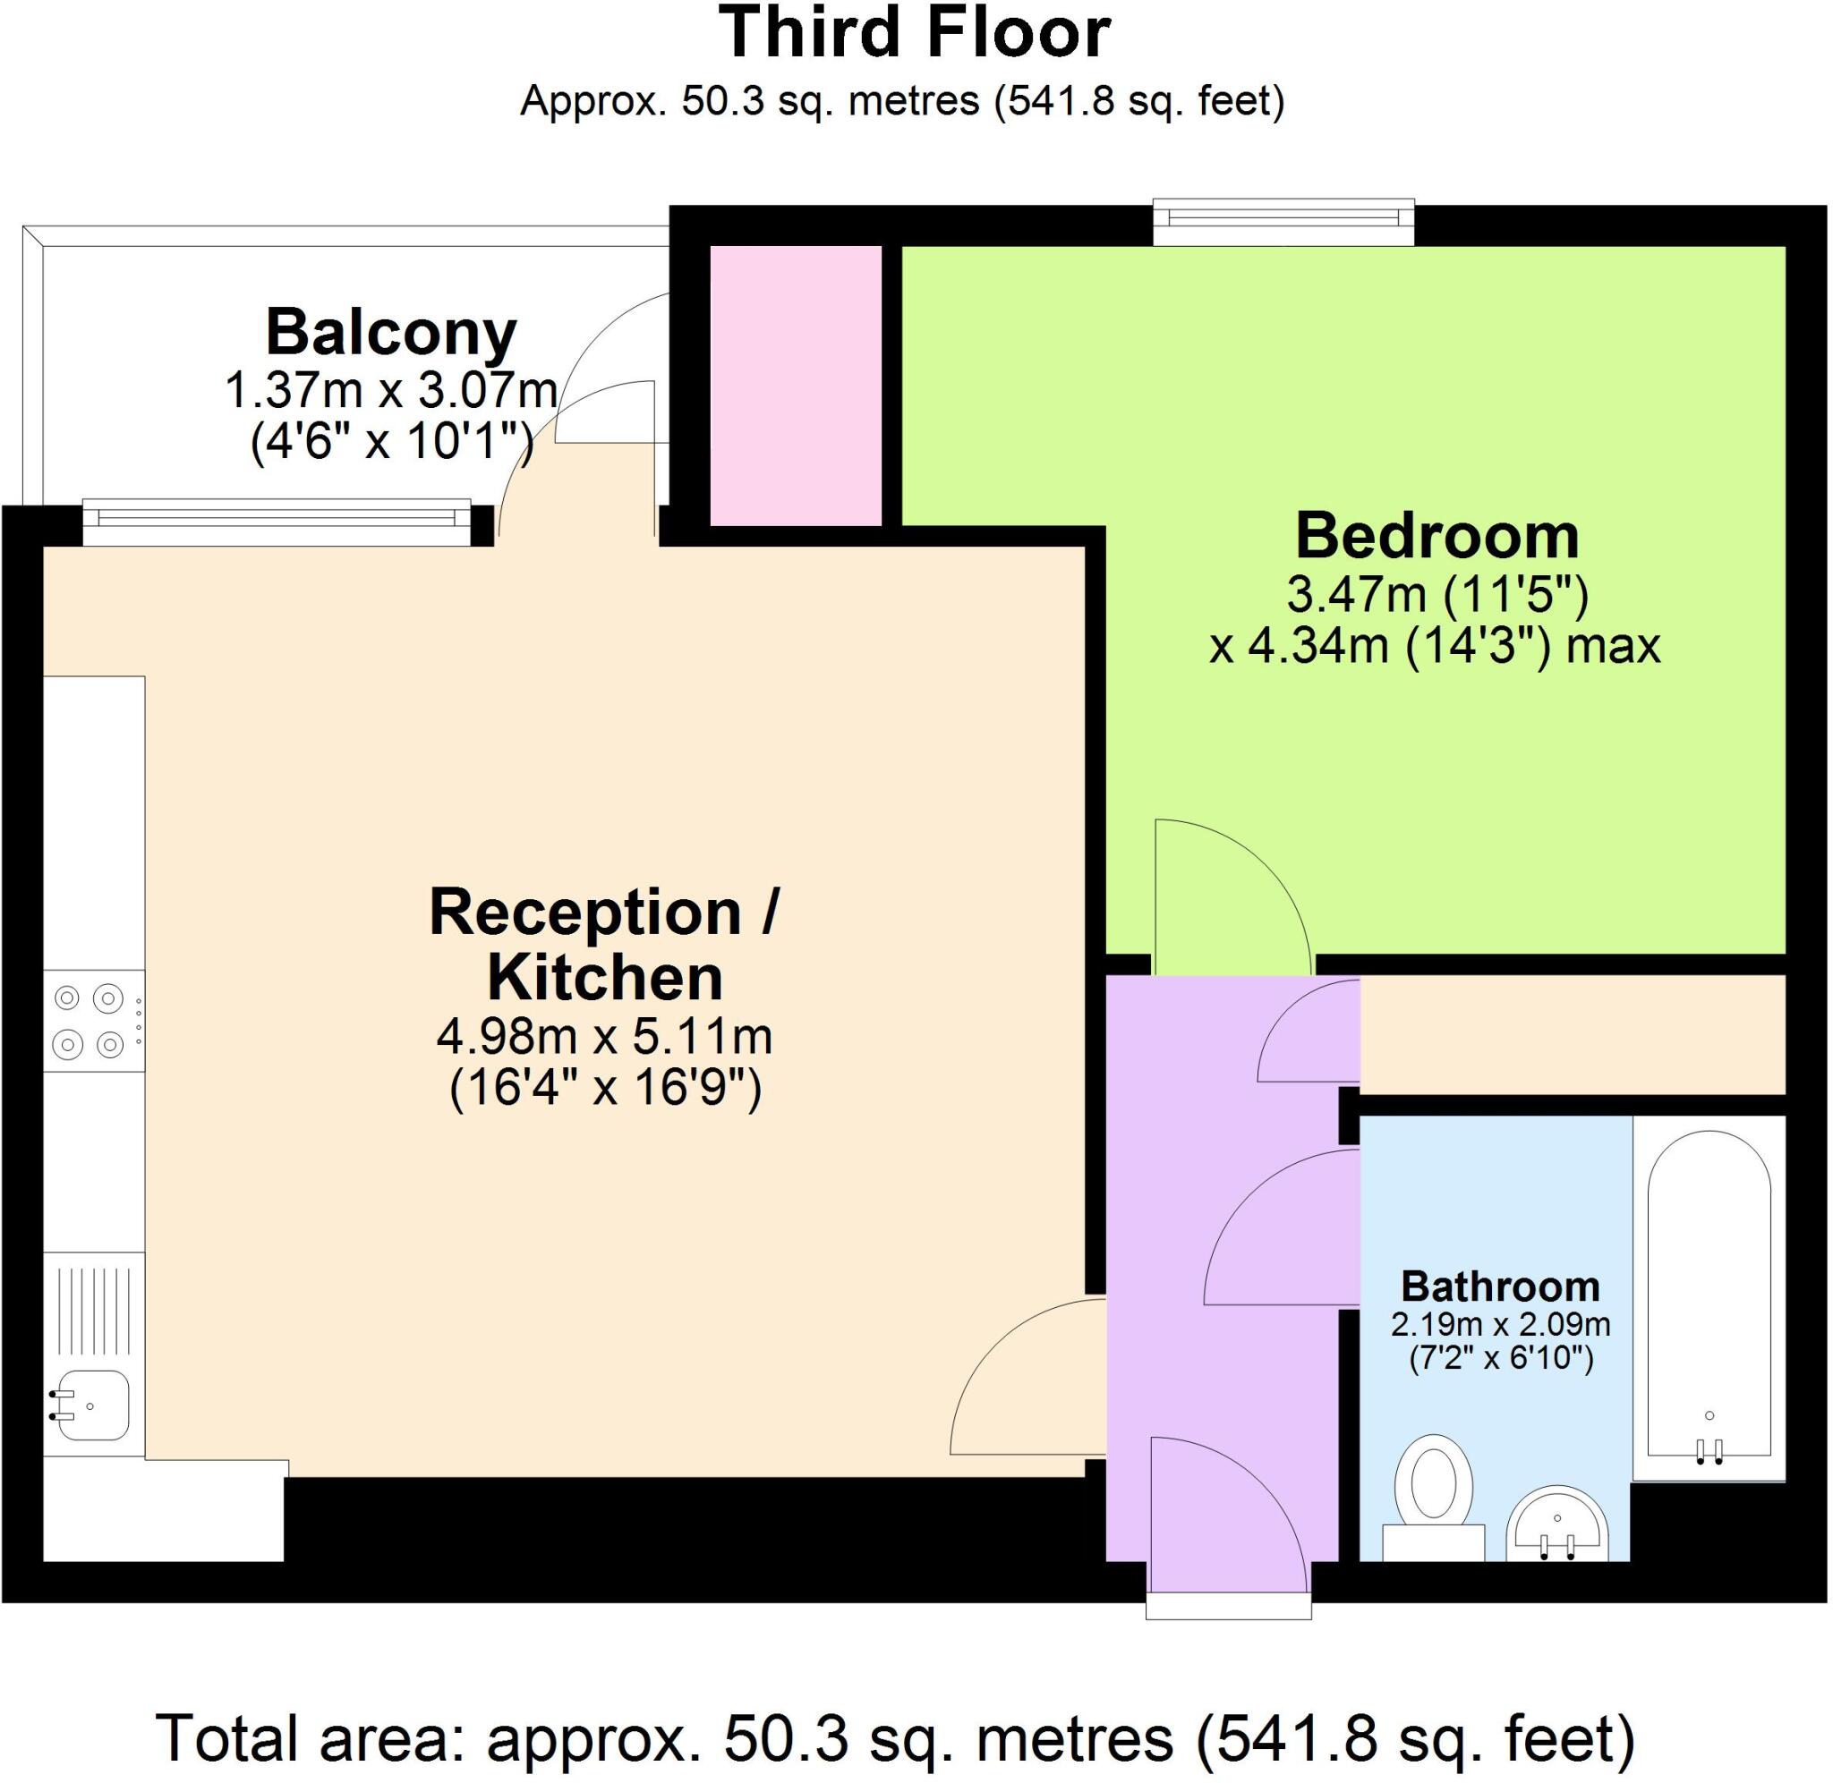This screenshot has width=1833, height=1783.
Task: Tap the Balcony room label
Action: point(390,333)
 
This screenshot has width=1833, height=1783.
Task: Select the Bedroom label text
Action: point(1437,537)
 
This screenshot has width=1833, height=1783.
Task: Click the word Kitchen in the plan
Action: point(605,978)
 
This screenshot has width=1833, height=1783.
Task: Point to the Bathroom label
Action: point(1499,1286)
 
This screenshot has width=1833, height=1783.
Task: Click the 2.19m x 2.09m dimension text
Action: point(1499,1324)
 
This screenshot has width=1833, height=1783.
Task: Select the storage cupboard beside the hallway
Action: point(1572,1034)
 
